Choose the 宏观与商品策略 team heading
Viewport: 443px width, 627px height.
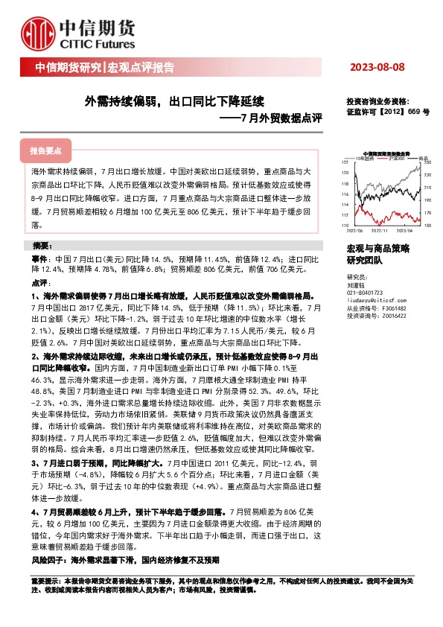tap(377, 247)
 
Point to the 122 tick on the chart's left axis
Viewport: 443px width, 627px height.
tap(344, 162)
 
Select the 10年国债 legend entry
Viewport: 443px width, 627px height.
tap(366, 158)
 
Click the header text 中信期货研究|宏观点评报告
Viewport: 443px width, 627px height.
tap(105, 68)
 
